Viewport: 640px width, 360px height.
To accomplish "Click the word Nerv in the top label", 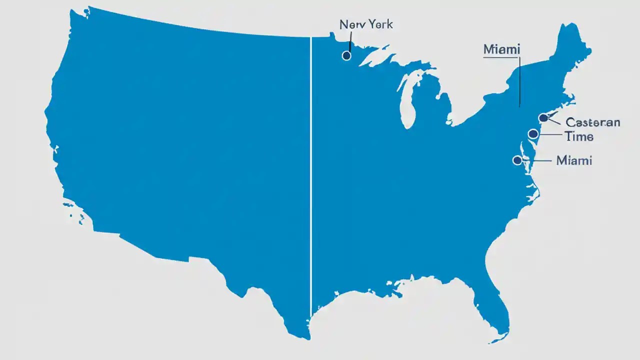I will [x=351, y=24].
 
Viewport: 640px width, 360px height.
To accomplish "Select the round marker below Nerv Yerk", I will [x=346, y=55].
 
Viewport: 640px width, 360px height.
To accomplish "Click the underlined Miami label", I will [x=501, y=49].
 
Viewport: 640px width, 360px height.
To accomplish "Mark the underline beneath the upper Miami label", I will [x=501, y=57].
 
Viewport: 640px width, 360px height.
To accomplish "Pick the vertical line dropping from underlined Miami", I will [x=519, y=82].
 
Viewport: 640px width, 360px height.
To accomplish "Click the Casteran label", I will [x=592, y=122].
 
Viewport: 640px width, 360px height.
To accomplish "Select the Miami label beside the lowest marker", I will [x=574, y=160].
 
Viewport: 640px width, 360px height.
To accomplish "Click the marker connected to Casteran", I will [x=543, y=118].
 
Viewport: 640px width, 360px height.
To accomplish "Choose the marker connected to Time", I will [x=533, y=133].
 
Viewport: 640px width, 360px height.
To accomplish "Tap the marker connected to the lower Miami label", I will [x=517, y=160].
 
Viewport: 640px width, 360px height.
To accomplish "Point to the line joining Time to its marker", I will [x=549, y=134].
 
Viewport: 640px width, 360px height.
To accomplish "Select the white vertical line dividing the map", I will [x=311, y=175].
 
